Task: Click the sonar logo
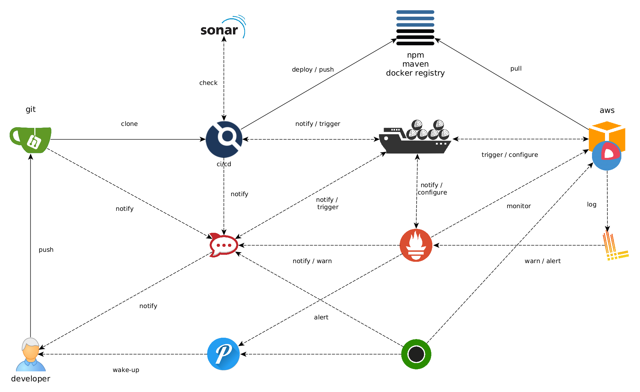(223, 27)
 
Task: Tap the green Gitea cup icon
(30, 140)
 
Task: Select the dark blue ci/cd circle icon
(224, 139)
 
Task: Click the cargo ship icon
(415, 137)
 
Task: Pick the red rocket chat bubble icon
(223, 245)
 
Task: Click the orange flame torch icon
(416, 245)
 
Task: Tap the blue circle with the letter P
(223, 354)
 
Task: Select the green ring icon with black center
(416, 354)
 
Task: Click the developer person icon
(31, 354)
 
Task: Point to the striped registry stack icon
(415, 28)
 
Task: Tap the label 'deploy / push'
(313, 69)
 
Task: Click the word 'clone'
(129, 124)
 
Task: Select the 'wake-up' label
(126, 370)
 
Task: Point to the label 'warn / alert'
(543, 261)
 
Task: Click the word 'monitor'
(519, 206)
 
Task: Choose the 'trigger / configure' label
(510, 155)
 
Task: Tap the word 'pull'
(516, 68)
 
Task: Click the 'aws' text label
(607, 110)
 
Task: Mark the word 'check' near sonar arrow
(208, 83)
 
